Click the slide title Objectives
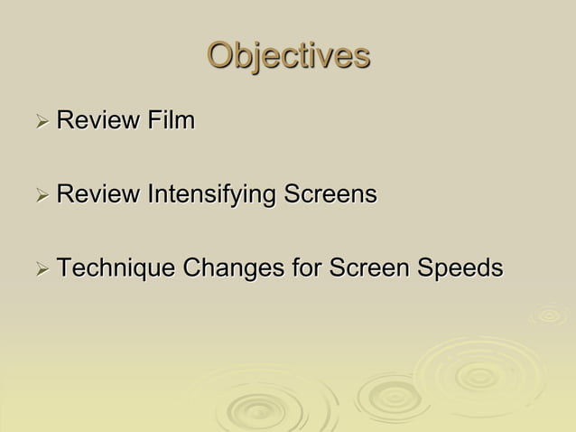288,55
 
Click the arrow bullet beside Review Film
41,120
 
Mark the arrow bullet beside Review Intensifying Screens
41,194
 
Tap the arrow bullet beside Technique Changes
41,269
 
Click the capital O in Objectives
221,55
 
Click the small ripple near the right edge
548,315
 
